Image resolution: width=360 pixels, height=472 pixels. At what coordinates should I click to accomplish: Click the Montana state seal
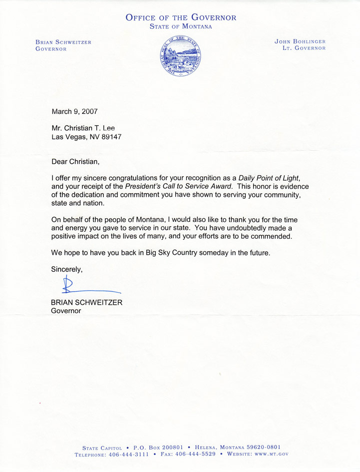181,55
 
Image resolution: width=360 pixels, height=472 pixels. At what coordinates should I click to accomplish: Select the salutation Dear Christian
78,161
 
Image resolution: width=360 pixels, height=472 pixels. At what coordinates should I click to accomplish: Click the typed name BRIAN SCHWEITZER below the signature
86,302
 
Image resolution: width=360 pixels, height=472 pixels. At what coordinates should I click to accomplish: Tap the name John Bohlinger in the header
300,42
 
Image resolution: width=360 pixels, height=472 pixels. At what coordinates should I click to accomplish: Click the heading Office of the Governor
181,17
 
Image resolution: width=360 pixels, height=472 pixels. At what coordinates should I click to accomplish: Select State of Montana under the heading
181,26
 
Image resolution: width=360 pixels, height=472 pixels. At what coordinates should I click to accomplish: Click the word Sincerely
67,269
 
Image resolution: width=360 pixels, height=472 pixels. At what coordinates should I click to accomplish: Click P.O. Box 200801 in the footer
160,447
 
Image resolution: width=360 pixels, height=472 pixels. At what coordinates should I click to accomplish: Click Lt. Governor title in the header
304,48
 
